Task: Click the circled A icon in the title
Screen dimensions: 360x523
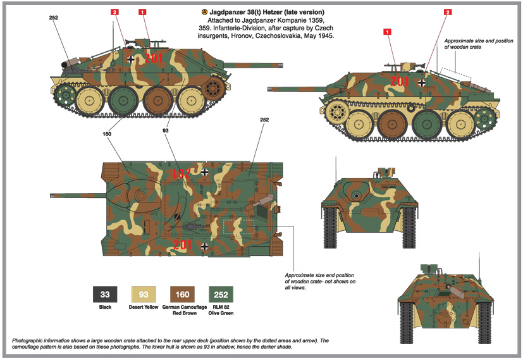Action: click(x=203, y=12)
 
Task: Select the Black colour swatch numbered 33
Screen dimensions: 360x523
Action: click(x=105, y=294)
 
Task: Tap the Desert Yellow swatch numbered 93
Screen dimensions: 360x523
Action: click(x=144, y=294)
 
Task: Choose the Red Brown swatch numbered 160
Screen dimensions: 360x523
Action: click(x=182, y=294)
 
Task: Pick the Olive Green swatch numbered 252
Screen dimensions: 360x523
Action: click(x=221, y=294)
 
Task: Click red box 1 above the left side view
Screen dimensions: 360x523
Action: click(x=142, y=12)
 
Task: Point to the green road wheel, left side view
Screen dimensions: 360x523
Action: click(x=123, y=99)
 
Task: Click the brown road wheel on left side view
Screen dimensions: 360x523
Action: click(x=157, y=99)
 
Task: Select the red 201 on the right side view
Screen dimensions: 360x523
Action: click(x=399, y=82)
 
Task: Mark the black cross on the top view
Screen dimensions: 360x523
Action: click(x=204, y=245)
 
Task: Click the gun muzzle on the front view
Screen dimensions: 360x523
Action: click(x=357, y=196)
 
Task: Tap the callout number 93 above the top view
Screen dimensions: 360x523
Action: click(x=165, y=131)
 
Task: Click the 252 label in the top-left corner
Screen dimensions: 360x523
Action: click(x=53, y=18)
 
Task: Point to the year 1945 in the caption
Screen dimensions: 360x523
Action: click(x=323, y=37)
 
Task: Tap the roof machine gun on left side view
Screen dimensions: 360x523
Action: click(x=138, y=42)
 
